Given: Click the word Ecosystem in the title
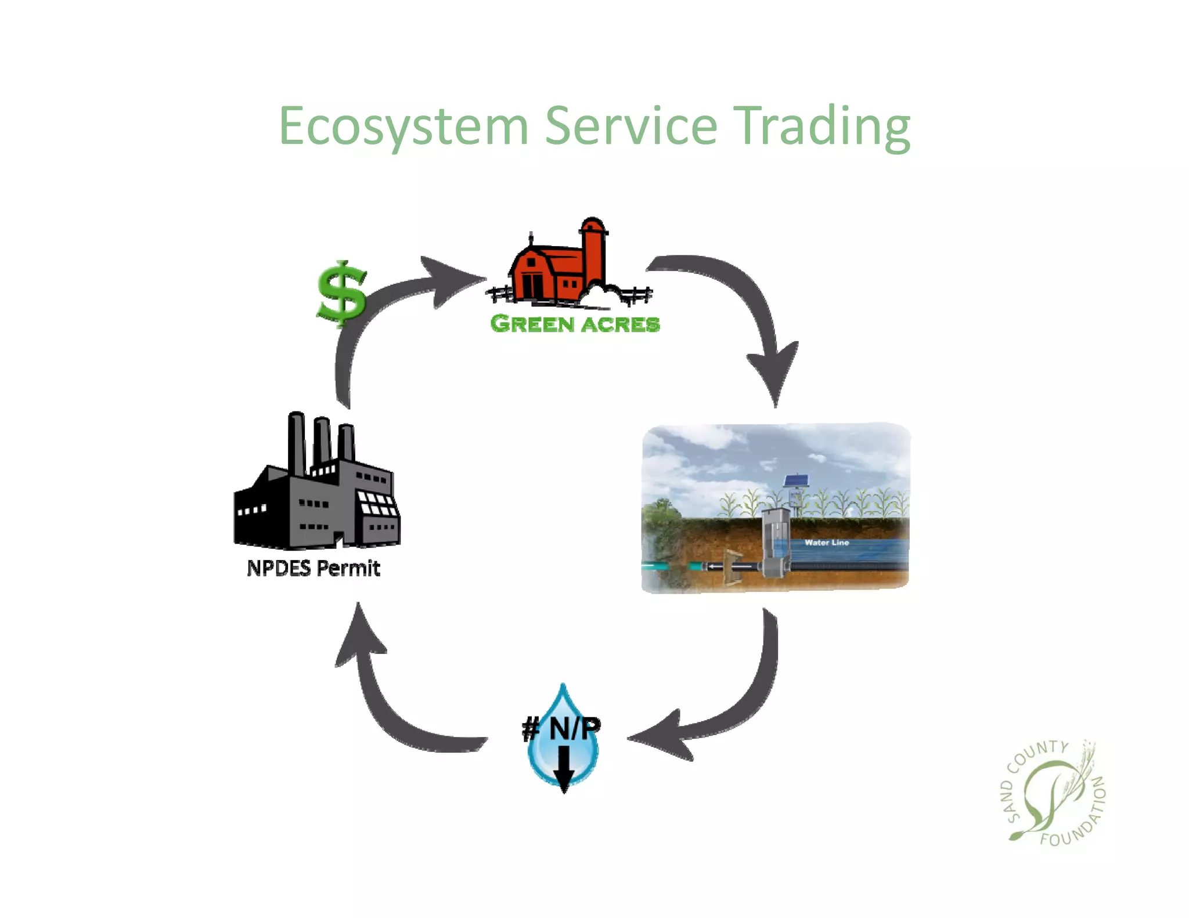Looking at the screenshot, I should click(403, 127).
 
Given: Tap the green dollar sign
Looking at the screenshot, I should click(342, 293).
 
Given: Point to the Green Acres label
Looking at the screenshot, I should click(575, 324).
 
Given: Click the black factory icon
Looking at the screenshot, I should click(316, 487).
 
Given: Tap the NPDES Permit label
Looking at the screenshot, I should click(314, 568).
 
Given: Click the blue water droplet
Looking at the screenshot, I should click(563, 754).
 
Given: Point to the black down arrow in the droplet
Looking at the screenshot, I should click(563, 769).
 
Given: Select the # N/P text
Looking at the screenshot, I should click(561, 728).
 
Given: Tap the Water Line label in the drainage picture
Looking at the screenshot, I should click(826, 543).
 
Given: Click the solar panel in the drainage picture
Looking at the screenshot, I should click(795, 480).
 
